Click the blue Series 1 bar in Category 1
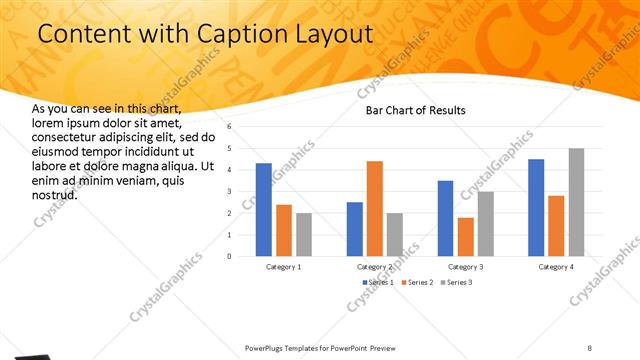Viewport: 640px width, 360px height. tap(264, 209)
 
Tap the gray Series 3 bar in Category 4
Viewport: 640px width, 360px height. tap(577, 202)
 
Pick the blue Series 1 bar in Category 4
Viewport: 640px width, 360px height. tap(536, 207)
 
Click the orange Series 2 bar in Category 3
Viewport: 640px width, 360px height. tap(466, 236)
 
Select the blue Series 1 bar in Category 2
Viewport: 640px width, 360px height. tap(355, 228)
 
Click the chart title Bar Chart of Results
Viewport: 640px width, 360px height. tap(415, 110)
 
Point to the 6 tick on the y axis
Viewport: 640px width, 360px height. tap(229, 127)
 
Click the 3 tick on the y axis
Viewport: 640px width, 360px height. tap(229, 191)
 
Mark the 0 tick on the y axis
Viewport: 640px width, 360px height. tap(229, 256)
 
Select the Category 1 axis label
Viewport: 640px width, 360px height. tap(284, 267)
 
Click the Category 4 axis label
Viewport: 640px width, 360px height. tap(556, 267)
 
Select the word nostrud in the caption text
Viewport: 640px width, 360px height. tap(54, 195)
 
